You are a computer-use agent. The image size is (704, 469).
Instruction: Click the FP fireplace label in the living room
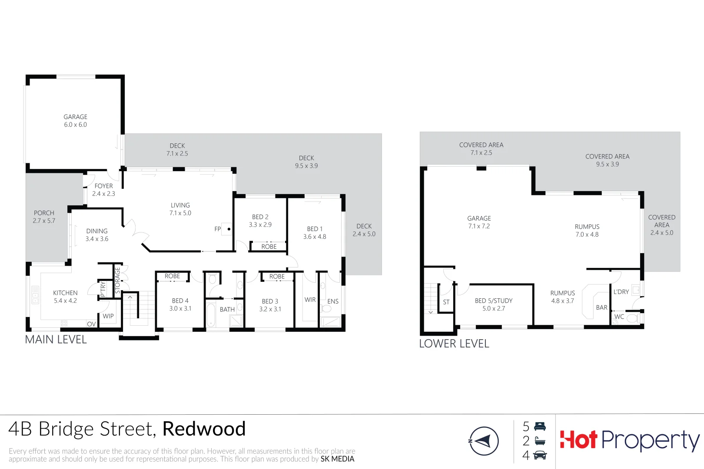(218, 229)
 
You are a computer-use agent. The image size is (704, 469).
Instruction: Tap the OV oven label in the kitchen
(91, 324)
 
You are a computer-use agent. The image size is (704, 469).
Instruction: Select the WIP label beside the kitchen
(108, 316)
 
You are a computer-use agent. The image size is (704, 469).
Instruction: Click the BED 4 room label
(180, 301)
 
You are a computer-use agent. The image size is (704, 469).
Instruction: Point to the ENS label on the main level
(333, 301)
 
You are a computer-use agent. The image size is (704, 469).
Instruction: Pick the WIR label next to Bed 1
(310, 300)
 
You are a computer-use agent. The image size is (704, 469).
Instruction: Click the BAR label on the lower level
(601, 307)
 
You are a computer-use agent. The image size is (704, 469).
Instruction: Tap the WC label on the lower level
(619, 317)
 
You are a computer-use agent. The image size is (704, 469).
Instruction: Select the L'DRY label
(621, 292)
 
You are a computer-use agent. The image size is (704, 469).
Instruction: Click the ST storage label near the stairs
(446, 302)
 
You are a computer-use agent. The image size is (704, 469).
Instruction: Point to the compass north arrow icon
(483, 441)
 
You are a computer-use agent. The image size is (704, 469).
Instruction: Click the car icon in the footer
(540, 455)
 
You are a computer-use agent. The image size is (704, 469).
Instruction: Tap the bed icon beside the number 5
(540, 426)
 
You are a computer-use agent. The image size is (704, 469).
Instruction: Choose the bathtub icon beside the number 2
(540, 441)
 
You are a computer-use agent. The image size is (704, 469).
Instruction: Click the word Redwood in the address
(204, 429)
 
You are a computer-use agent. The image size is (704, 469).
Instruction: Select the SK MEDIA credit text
(337, 459)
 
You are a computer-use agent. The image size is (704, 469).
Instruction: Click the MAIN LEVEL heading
(56, 340)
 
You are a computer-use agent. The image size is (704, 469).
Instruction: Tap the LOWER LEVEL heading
(454, 343)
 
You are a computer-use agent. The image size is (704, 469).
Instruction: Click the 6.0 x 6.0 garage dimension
(76, 125)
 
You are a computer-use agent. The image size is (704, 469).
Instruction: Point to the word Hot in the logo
(578, 440)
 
